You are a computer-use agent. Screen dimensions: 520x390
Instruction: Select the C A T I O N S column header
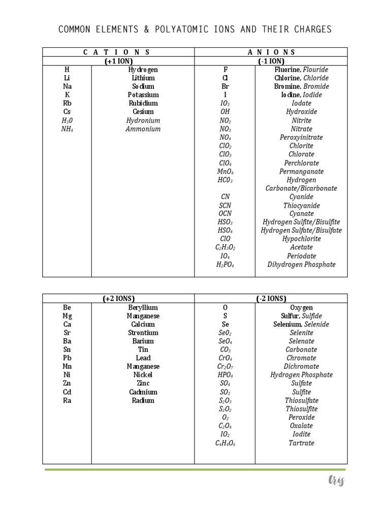coord(118,52)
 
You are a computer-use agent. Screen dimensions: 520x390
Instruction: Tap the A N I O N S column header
coord(271,52)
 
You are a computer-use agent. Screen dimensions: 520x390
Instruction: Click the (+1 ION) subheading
coord(118,61)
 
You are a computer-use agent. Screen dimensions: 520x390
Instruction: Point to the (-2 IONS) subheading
coord(271,299)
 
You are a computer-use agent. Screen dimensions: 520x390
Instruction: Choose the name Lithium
coord(143,78)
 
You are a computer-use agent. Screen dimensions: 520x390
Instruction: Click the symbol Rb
coord(67,103)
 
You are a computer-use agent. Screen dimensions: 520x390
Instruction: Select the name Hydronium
coord(143,120)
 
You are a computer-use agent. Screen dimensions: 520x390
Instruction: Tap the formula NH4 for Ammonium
coord(67,129)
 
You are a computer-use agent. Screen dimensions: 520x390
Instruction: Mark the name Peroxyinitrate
coord(301,137)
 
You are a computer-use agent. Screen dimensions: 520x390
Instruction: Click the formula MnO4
coord(225,172)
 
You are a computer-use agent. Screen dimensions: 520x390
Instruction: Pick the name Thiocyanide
coord(301,206)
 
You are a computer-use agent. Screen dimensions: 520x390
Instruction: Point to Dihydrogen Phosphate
coord(301,265)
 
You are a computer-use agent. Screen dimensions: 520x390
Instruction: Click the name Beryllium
coord(143,308)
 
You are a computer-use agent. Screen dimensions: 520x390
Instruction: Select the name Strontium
coord(143,333)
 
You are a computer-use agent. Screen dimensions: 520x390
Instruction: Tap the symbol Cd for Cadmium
coord(67,392)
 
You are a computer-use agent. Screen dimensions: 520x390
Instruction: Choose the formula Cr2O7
coord(225,367)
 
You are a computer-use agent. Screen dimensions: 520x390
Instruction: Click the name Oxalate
coord(301,426)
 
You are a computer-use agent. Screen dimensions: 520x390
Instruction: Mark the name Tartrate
coord(301,443)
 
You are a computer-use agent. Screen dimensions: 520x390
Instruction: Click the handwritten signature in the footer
coord(336,480)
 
